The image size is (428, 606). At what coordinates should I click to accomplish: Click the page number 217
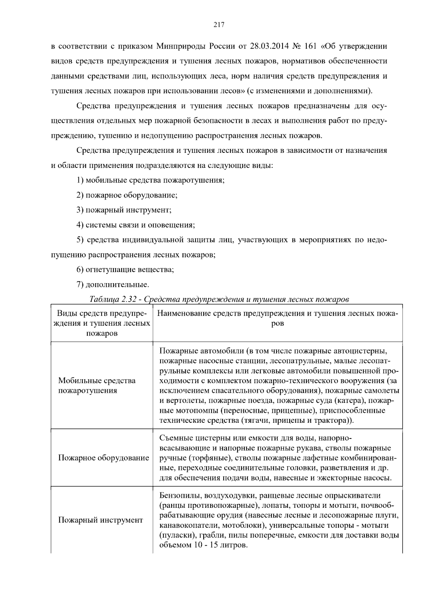[x=218, y=25]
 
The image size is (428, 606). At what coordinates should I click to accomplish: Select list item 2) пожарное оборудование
[x=127, y=195]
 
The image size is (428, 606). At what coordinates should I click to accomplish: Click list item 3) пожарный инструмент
[x=124, y=210]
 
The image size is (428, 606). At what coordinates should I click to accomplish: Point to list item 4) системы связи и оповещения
[x=136, y=225]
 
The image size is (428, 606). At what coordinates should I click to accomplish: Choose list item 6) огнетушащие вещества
[x=125, y=270]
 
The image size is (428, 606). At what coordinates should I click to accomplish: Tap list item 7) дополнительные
[x=113, y=285]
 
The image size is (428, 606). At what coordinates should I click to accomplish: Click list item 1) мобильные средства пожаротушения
[x=151, y=180]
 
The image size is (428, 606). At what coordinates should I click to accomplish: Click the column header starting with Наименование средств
[x=277, y=318]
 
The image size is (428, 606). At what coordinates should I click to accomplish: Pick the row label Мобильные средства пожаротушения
[x=97, y=385]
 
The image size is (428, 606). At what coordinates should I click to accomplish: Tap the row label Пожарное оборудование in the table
[x=103, y=458]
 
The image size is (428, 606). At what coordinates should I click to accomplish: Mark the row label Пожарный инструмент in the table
[x=100, y=520]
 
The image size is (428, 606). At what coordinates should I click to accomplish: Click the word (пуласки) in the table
[x=175, y=536]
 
